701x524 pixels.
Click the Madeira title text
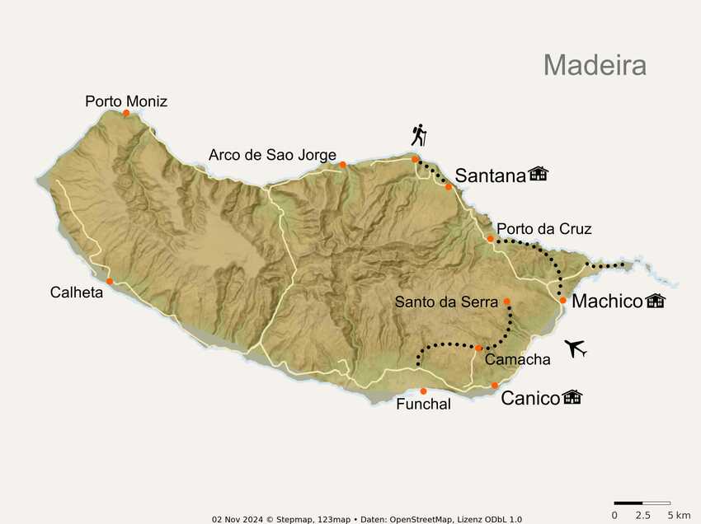[594, 64]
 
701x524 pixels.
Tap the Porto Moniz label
[126, 101]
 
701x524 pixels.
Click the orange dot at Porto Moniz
[126, 114]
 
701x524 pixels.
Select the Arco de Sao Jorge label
[272, 154]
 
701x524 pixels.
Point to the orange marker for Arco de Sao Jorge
[342, 165]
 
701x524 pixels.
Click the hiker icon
[420, 135]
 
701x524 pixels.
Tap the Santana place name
[490, 175]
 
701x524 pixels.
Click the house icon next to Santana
[539, 173]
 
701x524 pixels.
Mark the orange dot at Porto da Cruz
[490, 239]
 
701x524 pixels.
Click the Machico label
[606, 302]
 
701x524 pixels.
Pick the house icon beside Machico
[656, 301]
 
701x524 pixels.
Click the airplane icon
[577, 349]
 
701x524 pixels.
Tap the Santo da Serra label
[447, 302]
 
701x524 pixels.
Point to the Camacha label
[517, 359]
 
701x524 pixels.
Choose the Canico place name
[530, 399]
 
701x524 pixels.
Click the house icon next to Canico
[572, 397]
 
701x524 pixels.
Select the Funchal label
[423, 405]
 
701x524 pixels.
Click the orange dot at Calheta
[110, 281]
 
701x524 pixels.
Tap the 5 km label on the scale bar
[679, 515]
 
